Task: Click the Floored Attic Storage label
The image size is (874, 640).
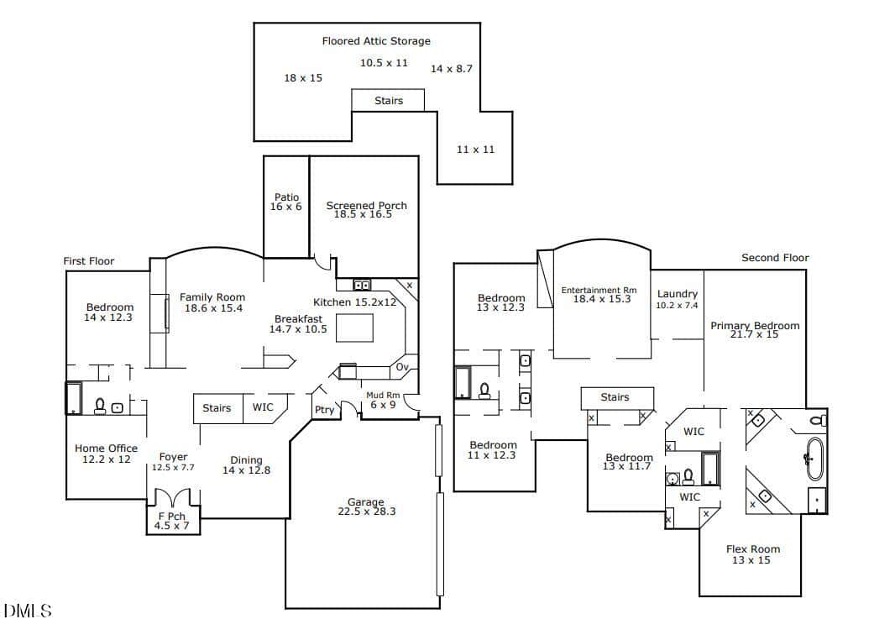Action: (376, 40)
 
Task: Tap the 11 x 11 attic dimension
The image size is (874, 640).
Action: (475, 150)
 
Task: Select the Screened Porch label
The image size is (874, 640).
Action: (366, 205)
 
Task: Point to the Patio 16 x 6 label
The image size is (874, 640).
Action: (286, 202)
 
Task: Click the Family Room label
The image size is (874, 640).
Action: (212, 297)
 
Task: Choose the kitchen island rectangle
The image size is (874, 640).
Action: (354, 328)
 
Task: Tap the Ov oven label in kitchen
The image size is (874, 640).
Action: (402, 367)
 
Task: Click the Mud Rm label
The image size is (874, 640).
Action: (383, 395)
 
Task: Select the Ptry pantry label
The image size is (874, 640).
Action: (324, 410)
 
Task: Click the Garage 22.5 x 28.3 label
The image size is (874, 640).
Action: (366, 506)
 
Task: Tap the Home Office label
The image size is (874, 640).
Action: (106, 449)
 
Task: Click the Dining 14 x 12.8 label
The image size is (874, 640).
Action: (246, 465)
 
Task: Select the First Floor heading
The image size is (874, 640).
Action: (89, 261)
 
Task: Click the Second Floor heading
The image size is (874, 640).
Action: (775, 258)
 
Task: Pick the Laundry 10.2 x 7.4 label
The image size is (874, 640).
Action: (678, 299)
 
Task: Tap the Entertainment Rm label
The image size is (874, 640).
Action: (599, 290)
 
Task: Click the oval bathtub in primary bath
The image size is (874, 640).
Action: (815, 459)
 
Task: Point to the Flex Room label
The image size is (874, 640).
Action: (753, 549)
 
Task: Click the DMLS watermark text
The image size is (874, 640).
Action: (28, 611)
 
